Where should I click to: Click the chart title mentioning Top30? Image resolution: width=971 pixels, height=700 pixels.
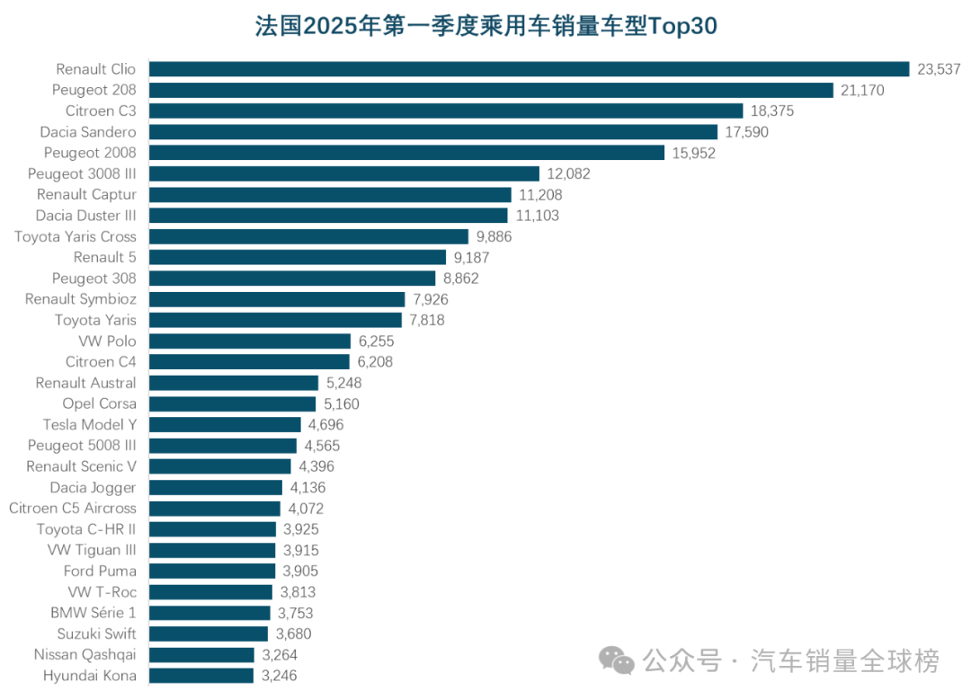point(485,26)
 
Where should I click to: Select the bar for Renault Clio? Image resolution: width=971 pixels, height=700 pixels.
point(529,69)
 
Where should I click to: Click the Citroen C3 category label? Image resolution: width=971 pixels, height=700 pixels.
point(101,111)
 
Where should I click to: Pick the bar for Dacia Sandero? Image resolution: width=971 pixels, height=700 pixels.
point(432,132)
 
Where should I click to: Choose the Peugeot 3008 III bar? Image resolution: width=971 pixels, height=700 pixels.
point(343,173)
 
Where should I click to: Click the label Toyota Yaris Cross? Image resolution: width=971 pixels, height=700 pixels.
point(76,236)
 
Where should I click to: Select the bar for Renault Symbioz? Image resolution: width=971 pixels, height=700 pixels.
point(277,299)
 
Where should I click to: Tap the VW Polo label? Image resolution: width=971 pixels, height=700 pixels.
point(108,341)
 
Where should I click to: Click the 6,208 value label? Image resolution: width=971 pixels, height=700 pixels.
point(375,361)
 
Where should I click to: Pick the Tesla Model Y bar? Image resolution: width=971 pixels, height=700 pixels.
point(225,424)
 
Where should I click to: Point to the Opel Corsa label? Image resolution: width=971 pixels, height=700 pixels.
point(99,403)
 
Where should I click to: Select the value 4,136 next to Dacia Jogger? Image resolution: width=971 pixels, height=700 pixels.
point(307,487)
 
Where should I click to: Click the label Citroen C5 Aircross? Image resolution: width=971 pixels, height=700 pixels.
point(73,508)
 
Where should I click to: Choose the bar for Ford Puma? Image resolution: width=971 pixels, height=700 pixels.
point(212,571)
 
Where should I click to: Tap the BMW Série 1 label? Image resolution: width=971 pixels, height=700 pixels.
point(94,613)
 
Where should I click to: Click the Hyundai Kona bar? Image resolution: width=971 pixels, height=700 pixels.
point(201,675)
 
